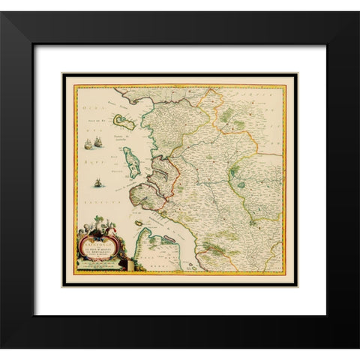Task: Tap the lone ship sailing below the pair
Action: pos(98,181)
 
